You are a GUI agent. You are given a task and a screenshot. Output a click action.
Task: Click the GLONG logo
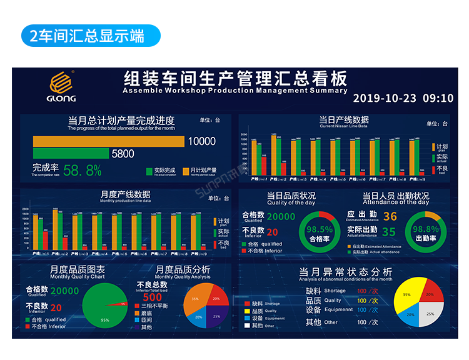(63, 86)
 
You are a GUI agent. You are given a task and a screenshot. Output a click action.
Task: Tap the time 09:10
(438, 98)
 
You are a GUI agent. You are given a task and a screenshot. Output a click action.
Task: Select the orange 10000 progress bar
(109, 142)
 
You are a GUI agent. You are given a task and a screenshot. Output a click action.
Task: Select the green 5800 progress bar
(71, 153)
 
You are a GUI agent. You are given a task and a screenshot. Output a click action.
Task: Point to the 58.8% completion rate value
(82, 170)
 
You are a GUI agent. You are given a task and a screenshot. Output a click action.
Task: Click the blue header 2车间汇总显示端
(91, 36)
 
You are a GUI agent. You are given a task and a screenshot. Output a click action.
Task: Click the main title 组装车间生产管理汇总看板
(235, 79)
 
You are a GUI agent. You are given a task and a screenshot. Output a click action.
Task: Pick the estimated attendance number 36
(390, 217)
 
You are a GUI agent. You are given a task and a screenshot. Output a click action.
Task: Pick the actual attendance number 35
(389, 232)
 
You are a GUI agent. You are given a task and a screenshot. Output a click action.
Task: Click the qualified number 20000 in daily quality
(281, 217)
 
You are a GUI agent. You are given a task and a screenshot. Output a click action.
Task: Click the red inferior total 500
(153, 297)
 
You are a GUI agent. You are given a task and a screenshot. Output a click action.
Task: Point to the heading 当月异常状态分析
(346, 272)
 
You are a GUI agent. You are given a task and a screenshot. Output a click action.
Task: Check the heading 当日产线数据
(343, 119)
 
